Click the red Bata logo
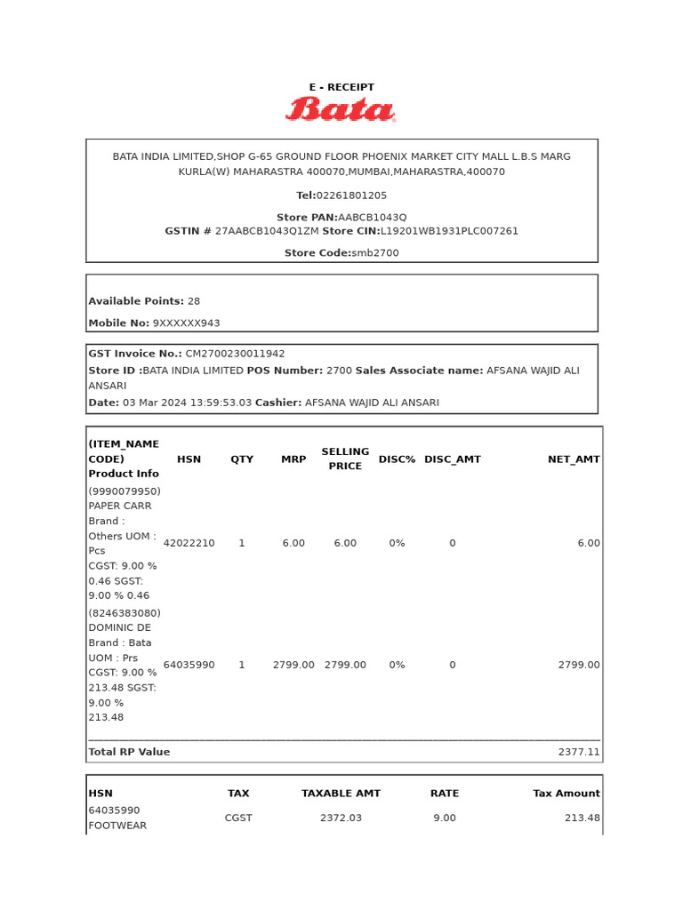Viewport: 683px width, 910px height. [x=341, y=109]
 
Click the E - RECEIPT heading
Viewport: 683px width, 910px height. [x=341, y=87]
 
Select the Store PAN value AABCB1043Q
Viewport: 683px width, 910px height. [x=372, y=217]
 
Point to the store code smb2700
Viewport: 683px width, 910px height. [x=375, y=253]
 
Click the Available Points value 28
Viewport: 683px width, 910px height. [x=194, y=301]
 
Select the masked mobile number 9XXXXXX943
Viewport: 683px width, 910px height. [x=186, y=323]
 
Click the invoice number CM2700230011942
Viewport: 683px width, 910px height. [x=235, y=354]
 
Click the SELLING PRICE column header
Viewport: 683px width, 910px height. [x=345, y=459]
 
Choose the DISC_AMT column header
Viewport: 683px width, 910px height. [x=452, y=459]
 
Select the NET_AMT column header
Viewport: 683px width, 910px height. [x=574, y=459]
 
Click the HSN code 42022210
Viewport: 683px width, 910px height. [x=189, y=543]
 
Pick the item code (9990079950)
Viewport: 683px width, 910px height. [x=125, y=491]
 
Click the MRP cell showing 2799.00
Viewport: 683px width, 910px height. [x=293, y=665]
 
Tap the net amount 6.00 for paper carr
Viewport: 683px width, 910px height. [x=588, y=543]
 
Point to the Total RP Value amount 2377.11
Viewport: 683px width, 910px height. [x=579, y=752]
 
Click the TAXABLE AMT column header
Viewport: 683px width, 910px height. [x=341, y=794]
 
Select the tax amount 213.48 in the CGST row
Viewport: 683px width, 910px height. [x=582, y=818]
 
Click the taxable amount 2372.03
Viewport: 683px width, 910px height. [x=341, y=818]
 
